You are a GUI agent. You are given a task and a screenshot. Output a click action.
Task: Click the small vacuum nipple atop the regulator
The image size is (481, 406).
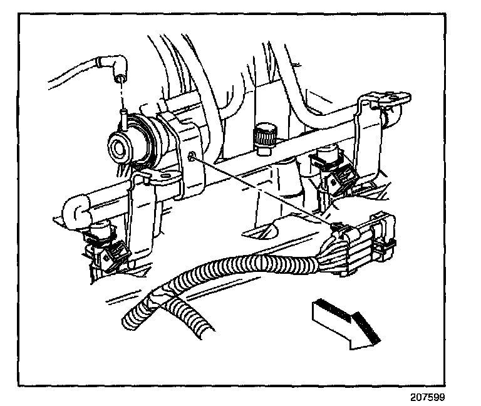(125, 117)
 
